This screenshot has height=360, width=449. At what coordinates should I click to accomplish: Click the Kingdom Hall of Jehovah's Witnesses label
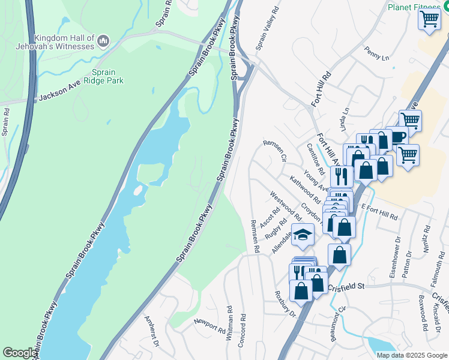(56, 42)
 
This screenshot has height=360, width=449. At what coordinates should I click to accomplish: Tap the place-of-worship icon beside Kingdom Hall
(103, 41)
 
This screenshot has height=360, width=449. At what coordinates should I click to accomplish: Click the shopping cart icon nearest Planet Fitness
(429, 19)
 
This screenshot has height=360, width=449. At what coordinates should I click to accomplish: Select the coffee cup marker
(397, 137)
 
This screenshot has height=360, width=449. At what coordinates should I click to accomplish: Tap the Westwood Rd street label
(285, 205)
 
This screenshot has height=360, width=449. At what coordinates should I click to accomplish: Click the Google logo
(19, 353)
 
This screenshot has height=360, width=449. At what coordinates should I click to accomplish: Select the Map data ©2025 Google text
(411, 355)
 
